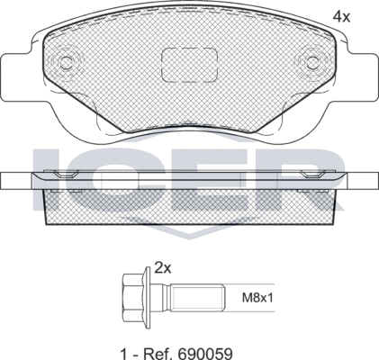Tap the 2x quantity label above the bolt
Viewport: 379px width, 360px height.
[162, 267]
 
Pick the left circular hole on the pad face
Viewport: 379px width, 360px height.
[66, 64]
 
